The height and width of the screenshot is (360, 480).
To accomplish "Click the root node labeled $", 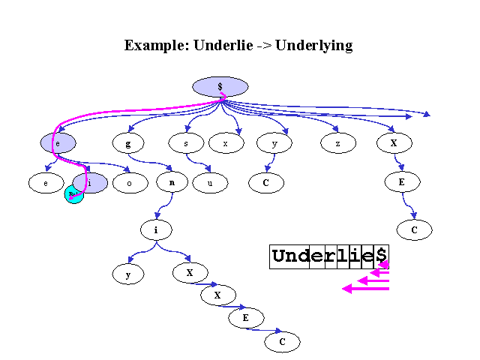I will coord(220,87).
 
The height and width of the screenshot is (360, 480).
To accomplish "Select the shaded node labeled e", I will coord(58,142).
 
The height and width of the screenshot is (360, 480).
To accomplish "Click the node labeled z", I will coord(337,141).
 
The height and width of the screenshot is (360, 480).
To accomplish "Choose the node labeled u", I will coord(210,182).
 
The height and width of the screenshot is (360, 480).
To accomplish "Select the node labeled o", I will coord(130,182).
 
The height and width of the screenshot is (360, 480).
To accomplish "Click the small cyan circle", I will coord(73,194).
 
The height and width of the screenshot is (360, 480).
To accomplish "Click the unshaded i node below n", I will coord(156,229).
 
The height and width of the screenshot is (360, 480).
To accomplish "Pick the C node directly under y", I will coord(266,182).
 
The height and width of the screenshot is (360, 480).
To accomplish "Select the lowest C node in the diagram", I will coord(282,342).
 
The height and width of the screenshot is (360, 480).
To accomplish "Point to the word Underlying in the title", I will coord(314,45).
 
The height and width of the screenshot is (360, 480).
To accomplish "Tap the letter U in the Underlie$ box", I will coord(280,256).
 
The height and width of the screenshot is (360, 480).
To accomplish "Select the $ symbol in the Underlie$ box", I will coord(382,256).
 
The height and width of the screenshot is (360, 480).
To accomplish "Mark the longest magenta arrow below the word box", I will coord(366,289).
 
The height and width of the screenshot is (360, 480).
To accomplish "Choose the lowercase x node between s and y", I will coord(226,141).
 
